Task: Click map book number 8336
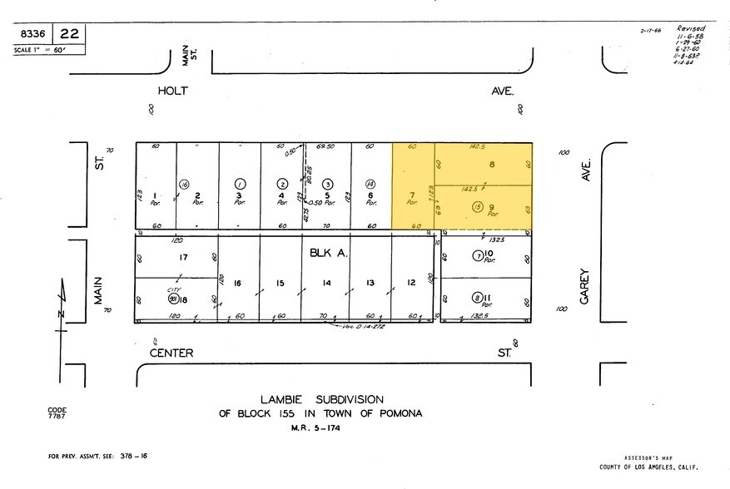click(32, 34)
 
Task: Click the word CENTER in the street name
click(171, 353)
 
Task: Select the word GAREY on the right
click(585, 284)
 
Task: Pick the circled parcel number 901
click(173, 298)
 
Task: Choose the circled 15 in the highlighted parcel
click(477, 206)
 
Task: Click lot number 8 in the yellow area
click(493, 165)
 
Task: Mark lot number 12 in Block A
click(411, 283)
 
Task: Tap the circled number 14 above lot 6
click(370, 184)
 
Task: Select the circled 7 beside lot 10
click(478, 255)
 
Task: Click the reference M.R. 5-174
click(316, 428)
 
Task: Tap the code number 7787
click(57, 417)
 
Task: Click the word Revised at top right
click(691, 27)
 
